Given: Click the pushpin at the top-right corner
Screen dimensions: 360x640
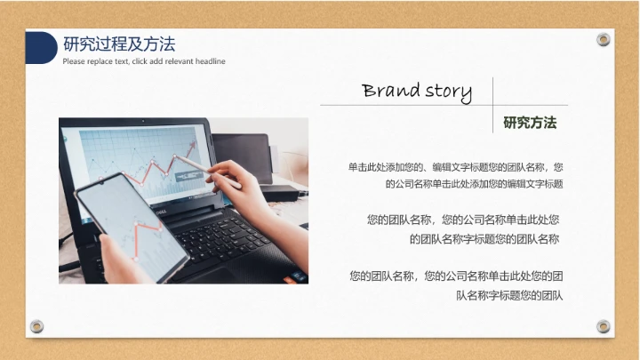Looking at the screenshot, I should (604, 39).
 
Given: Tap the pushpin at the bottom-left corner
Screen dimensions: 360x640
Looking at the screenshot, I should (36, 325).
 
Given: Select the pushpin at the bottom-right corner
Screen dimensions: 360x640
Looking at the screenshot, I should (604, 325).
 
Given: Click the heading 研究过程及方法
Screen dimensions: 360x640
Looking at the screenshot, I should (119, 44).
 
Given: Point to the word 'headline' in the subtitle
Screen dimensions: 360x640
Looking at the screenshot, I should (208, 61).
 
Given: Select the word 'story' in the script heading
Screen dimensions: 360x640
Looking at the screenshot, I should (448, 91).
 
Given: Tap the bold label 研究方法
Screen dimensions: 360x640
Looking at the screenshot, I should (530, 123).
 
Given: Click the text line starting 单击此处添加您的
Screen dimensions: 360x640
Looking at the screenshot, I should (455, 167).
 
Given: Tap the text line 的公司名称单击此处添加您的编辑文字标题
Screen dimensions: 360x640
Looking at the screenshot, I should (475, 184).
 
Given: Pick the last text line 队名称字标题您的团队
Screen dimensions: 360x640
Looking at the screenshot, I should (510, 294).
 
